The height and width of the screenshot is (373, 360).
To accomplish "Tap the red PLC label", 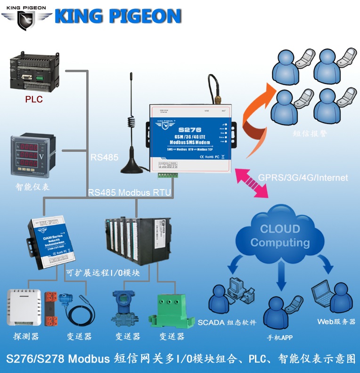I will [x=34, y=99].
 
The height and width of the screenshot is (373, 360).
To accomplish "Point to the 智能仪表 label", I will [x=33, y=187].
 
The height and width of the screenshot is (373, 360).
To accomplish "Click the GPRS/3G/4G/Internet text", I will [x=303, y=178].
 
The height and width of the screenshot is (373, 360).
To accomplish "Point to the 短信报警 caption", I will [x=309, y=133].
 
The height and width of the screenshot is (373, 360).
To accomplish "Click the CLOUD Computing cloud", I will [x=281, y=236].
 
